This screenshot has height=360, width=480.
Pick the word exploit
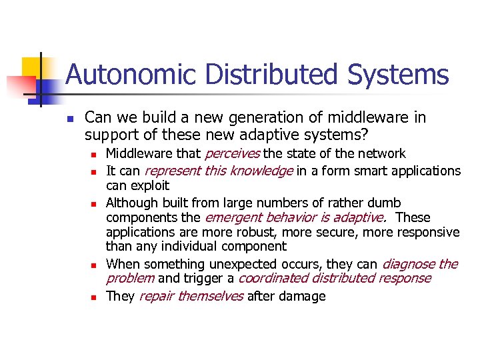tap(150, 185)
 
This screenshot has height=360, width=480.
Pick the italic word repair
tap(157, 296)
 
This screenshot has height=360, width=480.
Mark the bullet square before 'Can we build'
tap(69, 119)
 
